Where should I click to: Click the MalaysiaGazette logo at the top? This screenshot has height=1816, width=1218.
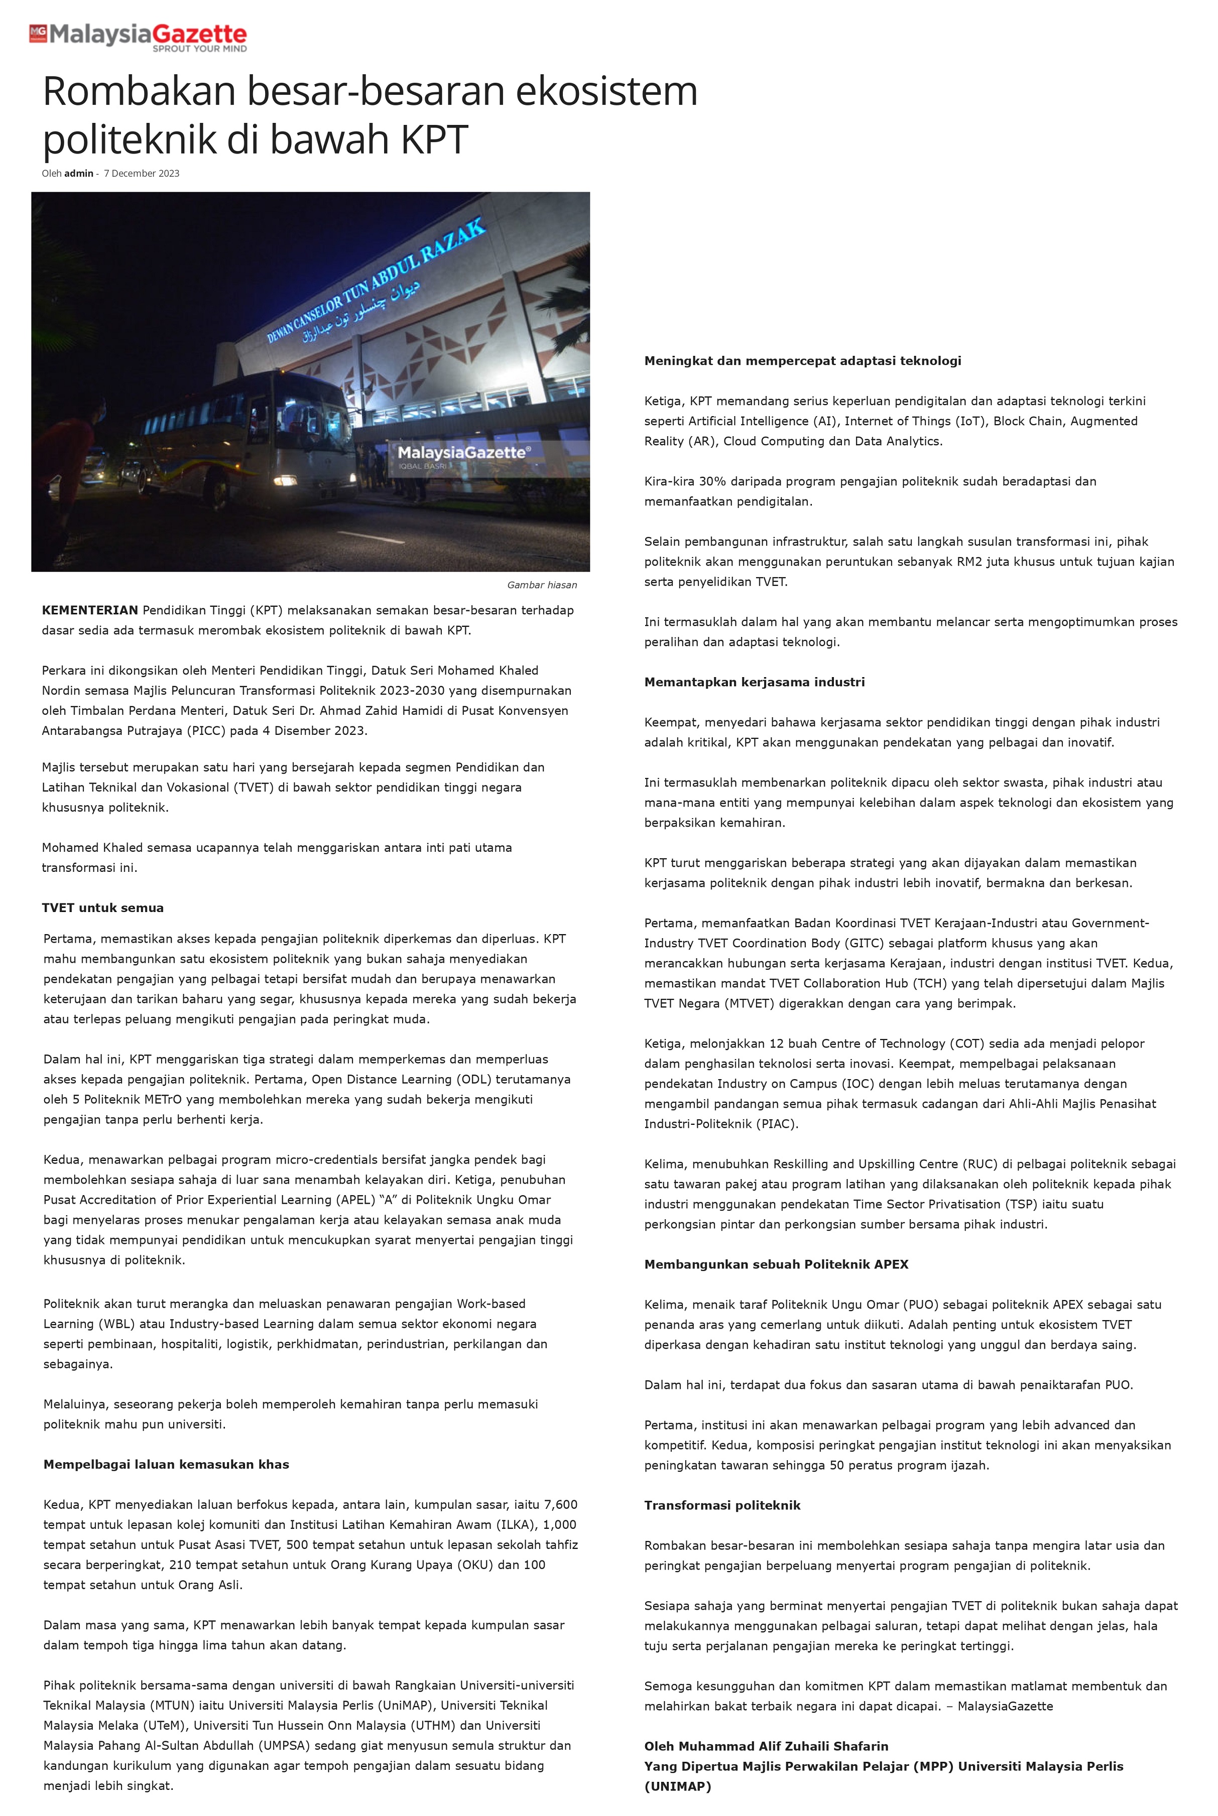click(138, 36)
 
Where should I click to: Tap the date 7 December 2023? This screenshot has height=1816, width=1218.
click(142, 173)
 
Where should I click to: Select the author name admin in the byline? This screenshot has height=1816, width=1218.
click(78, 173)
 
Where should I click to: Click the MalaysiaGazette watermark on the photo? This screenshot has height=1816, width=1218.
click(464, 453)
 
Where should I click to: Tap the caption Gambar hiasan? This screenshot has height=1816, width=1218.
click(541, 585)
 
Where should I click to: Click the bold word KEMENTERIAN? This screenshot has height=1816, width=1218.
click(90, 610)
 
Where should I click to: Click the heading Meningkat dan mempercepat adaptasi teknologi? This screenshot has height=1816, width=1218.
click(802, 360)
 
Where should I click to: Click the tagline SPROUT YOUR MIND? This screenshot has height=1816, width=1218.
click(200, 49)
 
